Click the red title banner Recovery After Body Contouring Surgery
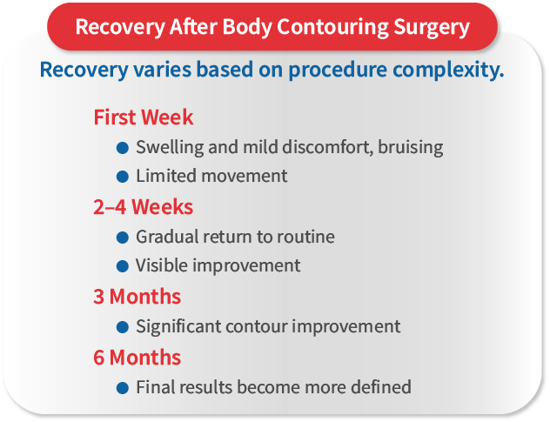pos(272,26)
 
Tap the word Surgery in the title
pos(428,26)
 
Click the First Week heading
pos(143,117)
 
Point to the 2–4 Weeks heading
pos(143,207)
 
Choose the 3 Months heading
pos(137,297)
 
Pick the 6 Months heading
pos(137,358)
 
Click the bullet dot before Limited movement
pos(123,176)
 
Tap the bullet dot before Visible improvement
pos(123,266)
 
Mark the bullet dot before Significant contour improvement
pos(123,327)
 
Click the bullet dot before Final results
pos(123,387)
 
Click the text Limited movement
pos(211,176)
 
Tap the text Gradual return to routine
pos(235,237)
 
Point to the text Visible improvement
pos(218,266)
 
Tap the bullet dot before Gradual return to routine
pos(123,237)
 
